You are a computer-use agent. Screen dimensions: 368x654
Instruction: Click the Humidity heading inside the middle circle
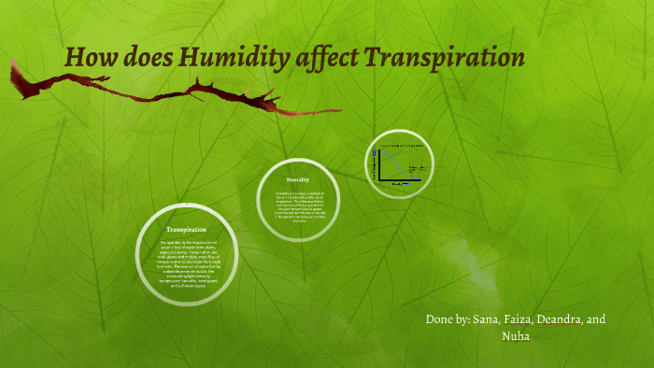tap(297, 178)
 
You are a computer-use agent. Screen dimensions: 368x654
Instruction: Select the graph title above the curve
tap(401, 148)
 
